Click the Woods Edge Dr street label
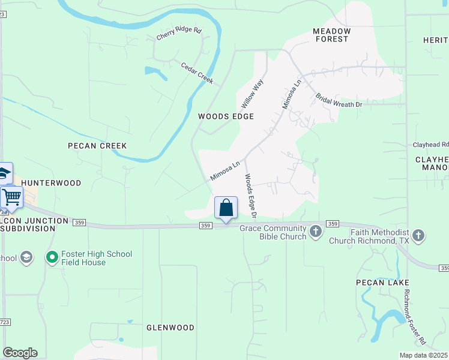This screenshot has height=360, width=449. point(250,196)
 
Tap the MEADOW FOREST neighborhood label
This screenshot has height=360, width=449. point(331,35)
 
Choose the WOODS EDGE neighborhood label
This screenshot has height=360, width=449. point(226,116)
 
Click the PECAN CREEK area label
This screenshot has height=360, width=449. point(97,146)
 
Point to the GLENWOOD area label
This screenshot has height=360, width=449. point(170,328)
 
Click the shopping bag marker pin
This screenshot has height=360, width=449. point(226,209)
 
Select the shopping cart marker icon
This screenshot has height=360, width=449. point(11,196)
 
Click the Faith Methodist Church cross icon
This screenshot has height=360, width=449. point(418,236)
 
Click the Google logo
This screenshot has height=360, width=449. point(20,353)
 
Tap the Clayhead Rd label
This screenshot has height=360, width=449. point(430,145)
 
